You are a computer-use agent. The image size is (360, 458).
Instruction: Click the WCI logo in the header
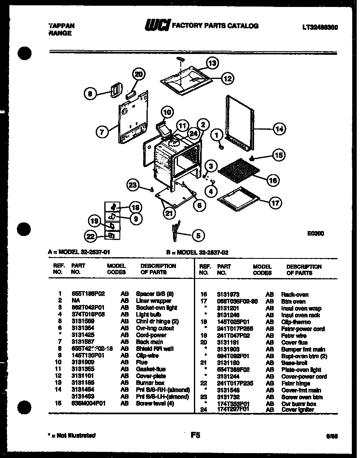coord(158,26)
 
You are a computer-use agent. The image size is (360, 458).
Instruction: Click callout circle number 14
coord(279,129)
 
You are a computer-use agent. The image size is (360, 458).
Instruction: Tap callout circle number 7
coord(102,132)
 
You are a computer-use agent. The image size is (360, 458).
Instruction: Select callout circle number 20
coord(139,74)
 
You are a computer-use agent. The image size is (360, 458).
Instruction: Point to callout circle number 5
coord(198,235)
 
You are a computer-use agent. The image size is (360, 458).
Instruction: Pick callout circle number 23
coord(133,185)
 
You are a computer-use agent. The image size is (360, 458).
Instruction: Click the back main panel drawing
coord(132,121)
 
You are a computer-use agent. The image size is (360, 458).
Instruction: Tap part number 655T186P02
coord(88,294)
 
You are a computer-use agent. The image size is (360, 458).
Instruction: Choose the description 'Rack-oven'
coord(295,294)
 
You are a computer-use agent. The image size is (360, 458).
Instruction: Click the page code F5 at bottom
coord(195,436)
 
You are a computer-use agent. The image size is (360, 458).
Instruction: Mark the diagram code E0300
coord(315,234)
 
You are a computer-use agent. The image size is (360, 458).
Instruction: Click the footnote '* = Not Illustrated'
coord(72,435)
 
